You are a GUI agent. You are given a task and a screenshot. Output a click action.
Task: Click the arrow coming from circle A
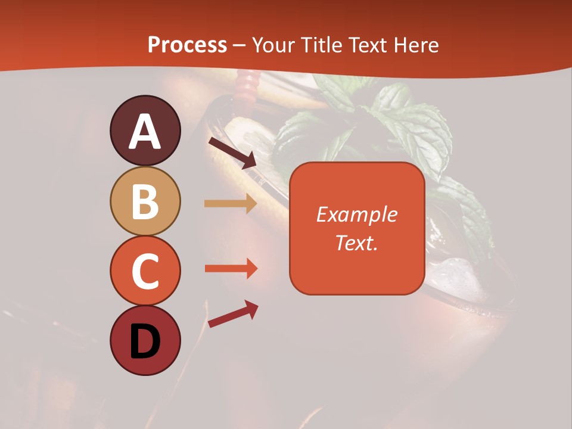point(232,153)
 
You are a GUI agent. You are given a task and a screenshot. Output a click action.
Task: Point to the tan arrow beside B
point(231,204)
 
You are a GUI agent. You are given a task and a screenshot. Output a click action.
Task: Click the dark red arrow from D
point(233,313)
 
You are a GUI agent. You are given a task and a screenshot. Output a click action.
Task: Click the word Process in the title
point(187,45)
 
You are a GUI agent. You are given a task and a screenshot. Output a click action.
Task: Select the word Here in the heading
point(416,45)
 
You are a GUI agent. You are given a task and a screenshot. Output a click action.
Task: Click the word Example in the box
point(357,214)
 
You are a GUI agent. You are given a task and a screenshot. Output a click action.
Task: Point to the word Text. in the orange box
point(357,243)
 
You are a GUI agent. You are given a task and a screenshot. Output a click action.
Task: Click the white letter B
point(145,201)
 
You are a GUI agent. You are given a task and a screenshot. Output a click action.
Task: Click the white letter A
point(145,132)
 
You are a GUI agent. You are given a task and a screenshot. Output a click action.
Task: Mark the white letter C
point(145,272)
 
